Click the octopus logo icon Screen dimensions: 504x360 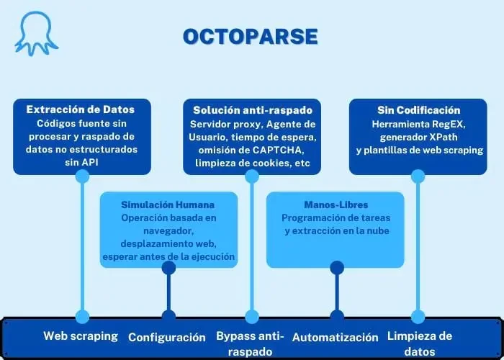click(x=36, y=33)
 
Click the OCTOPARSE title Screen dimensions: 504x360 click(x=251, y=37)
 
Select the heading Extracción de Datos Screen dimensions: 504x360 click(x=81, y=109)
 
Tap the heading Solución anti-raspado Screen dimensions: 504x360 click(x=252, y=110)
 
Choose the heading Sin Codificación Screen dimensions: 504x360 click(x=418, y=110)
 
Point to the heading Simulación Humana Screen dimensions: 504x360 click(x=168, y=204)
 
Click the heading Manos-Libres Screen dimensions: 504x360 click(x=336, y=204)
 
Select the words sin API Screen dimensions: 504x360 click(x=81, y=162)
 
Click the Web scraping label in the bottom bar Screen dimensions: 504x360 click(x=81, y=336)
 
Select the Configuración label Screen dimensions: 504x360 click(x=167, y=338)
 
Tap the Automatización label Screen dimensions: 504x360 click(x=336, y=337)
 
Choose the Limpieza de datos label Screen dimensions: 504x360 click(x=420, y=343)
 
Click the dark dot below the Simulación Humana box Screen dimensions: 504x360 click(x=168, y=268)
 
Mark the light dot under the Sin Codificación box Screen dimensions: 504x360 click(x=418, y=176)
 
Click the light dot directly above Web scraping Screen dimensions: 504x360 click(x=82, y=317)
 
